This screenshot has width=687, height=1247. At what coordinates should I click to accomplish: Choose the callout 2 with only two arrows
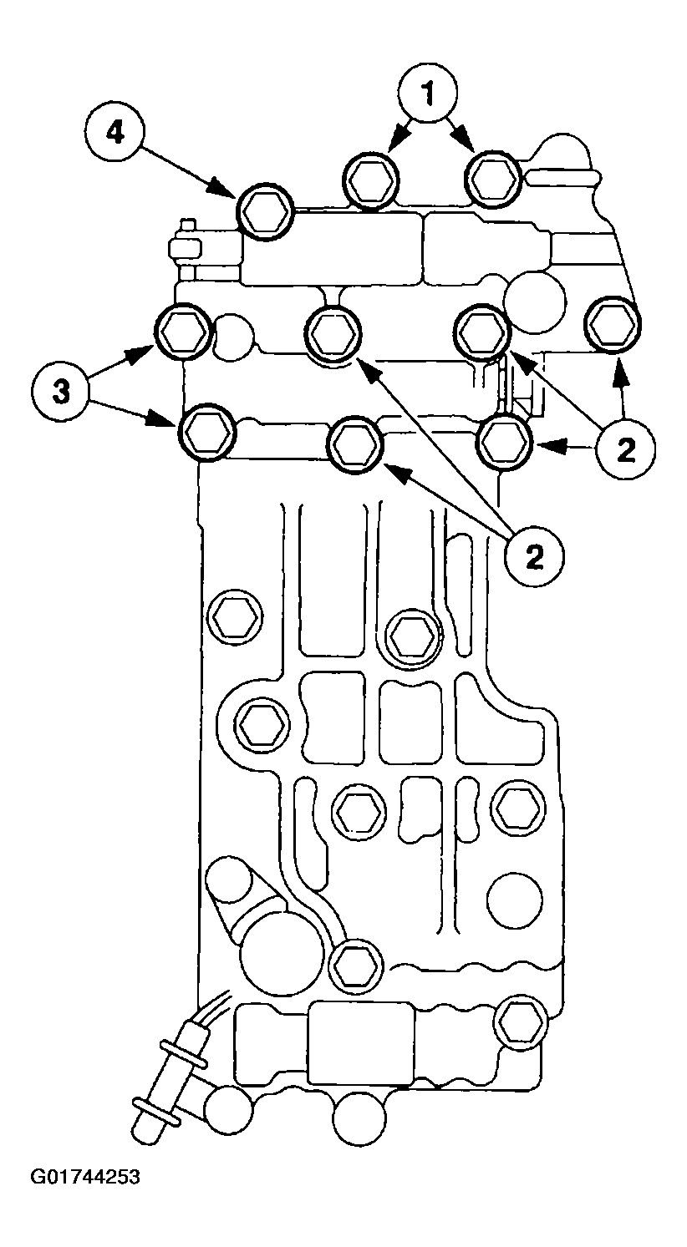(532, 556)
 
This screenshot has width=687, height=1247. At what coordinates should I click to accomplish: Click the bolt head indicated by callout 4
(265, 210)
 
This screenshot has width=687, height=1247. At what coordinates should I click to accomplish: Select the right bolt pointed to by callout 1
(493, 178)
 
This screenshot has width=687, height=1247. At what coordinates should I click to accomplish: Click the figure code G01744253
(86, 1178)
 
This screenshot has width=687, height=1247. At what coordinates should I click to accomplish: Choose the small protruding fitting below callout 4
(184, 248)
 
